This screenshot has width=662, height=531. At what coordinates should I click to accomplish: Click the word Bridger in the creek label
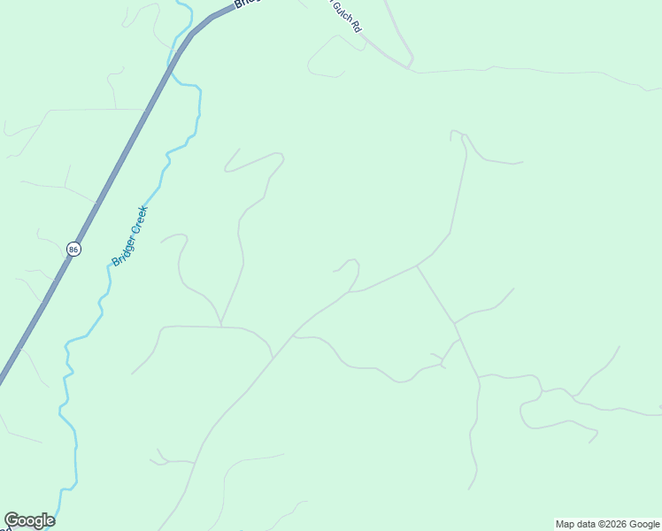coord(122,250)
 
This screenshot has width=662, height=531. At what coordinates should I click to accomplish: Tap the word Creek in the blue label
coord(138,219)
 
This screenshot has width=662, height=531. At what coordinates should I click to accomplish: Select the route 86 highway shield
coord(73,250)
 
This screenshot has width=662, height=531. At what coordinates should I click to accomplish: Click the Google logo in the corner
coord(29,520)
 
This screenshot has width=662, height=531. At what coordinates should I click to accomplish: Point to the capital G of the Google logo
coord(12,520)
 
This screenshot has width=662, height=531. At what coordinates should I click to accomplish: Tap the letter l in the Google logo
coord(43,520)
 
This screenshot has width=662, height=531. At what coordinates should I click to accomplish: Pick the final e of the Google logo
coord(50,521)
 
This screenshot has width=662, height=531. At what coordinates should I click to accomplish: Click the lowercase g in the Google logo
coord(36,522)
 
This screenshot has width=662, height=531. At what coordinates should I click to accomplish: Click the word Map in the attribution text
coord(565,524)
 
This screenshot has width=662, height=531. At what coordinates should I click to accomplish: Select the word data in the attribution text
coord(586,524)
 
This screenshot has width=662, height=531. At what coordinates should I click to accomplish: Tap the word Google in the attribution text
coord(643,524)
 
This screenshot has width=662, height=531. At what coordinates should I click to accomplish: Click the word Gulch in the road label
coord(341,11)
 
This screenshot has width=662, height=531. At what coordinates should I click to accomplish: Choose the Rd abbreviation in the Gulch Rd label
coord(357,27)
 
